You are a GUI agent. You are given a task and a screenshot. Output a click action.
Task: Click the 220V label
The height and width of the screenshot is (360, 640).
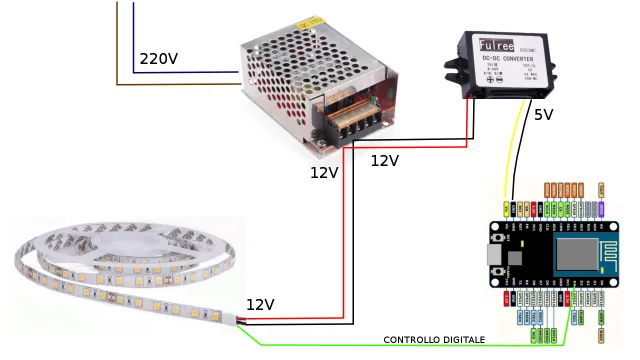(158, 59)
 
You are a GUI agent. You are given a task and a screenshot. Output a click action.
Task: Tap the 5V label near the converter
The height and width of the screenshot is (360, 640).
(543, 114)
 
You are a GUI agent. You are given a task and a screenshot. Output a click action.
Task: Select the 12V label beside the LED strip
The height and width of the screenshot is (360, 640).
(260, 304)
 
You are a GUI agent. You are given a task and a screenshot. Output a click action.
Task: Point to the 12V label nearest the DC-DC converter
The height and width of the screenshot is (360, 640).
(385, 160)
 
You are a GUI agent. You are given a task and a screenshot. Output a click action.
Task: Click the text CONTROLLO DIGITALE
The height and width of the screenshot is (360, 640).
(434, 340)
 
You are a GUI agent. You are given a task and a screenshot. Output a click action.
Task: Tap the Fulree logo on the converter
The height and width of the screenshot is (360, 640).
(496, 45)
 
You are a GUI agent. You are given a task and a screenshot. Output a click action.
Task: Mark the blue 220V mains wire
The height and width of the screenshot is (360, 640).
(180, 72)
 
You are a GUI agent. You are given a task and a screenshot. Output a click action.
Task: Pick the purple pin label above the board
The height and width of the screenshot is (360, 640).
(601, 189)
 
